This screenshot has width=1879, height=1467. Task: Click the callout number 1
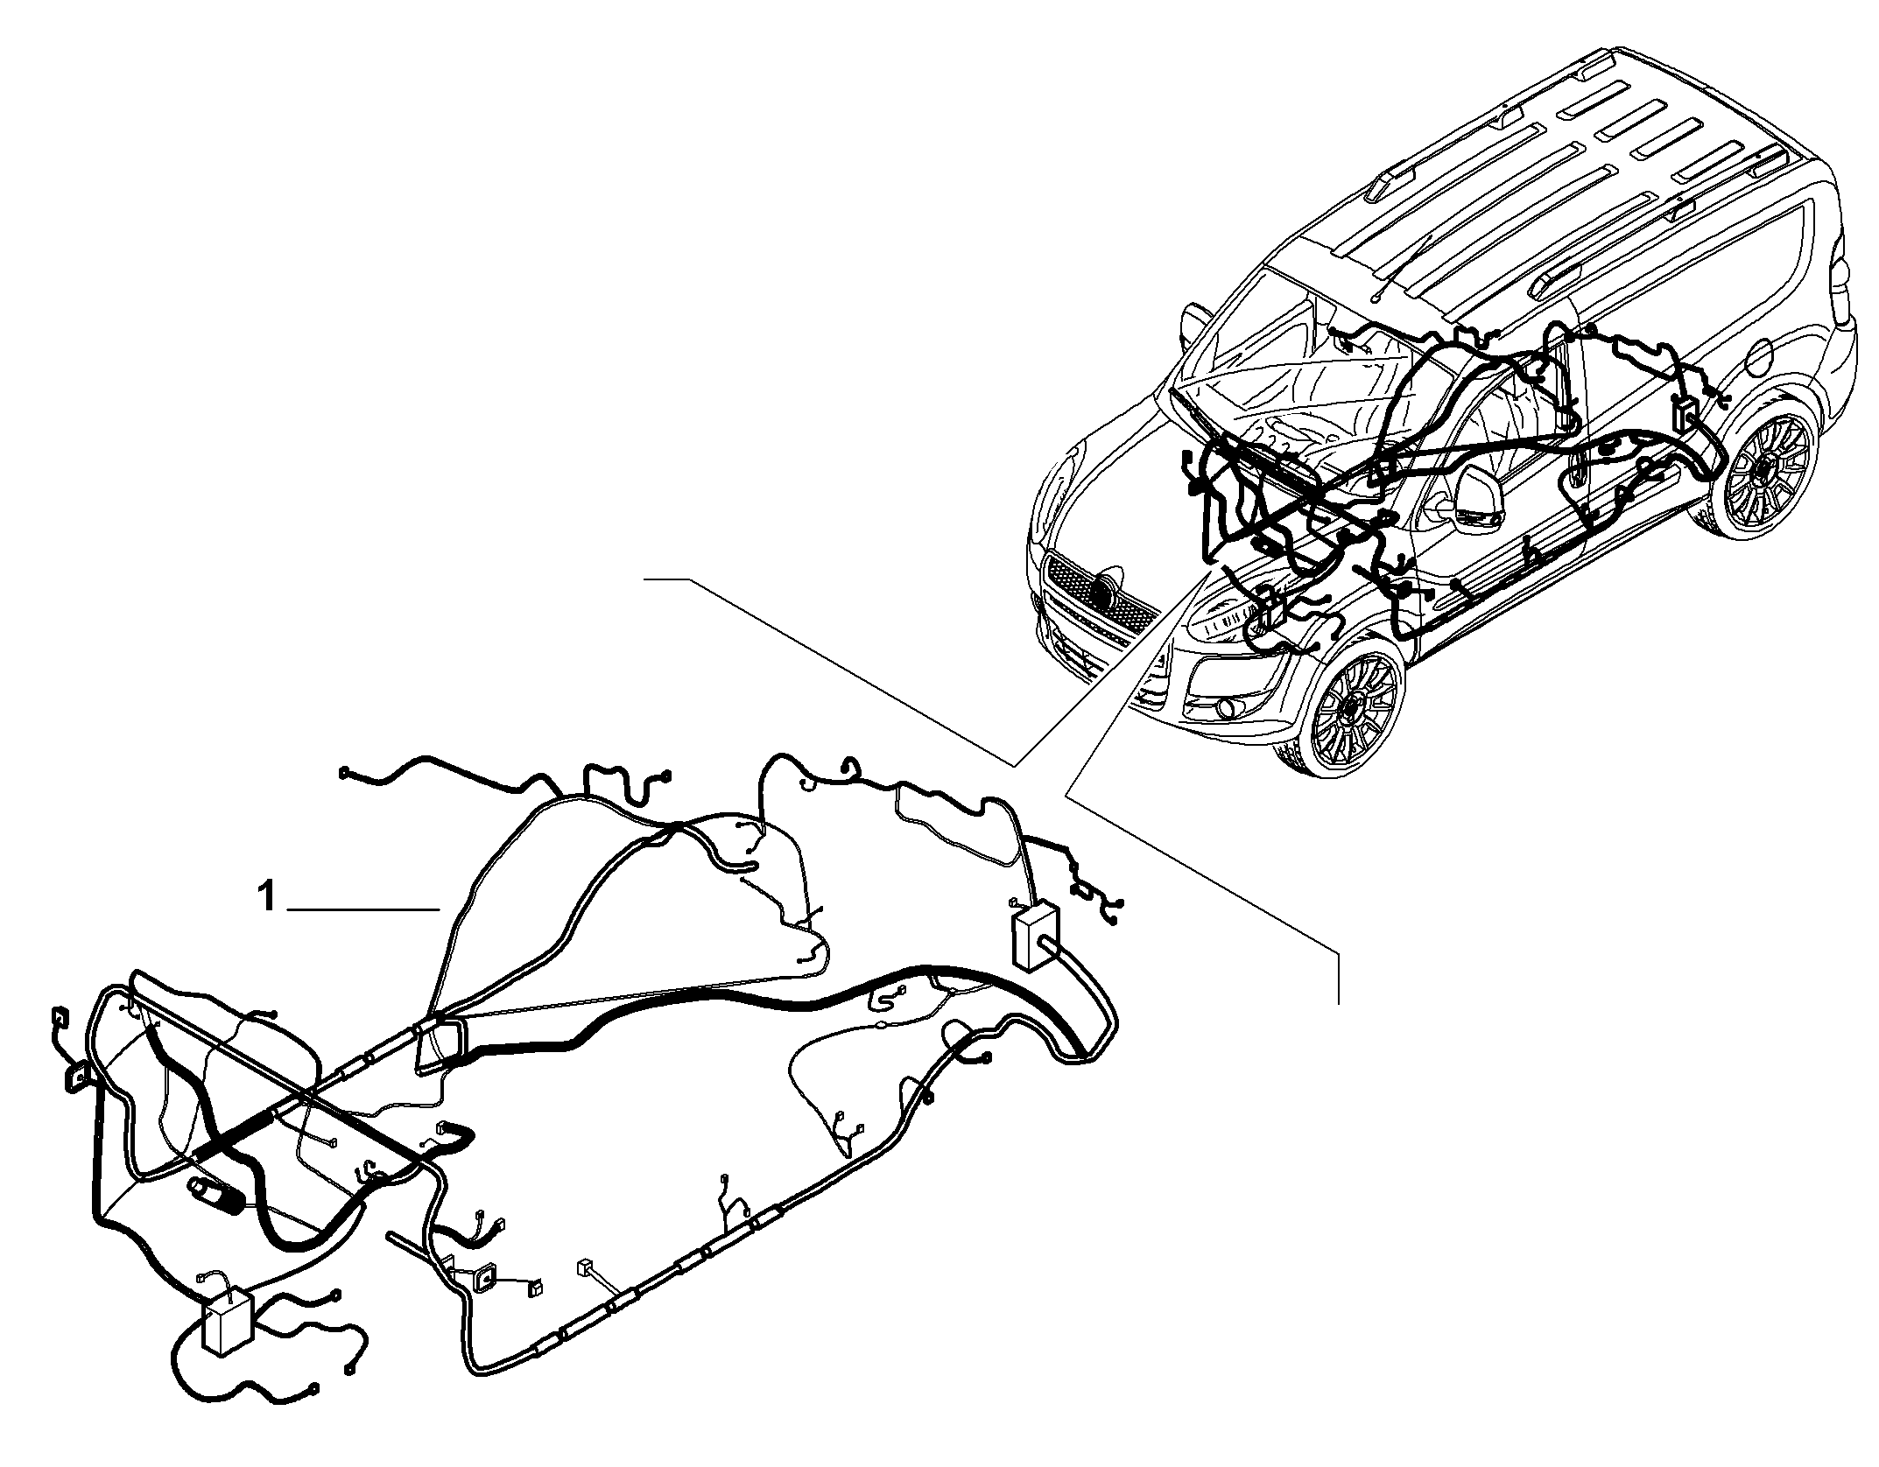click(268, 898)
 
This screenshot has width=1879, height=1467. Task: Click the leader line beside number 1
click(363, 911)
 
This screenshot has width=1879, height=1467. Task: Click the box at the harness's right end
click(1035, 936)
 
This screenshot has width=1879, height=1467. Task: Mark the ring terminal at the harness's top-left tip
click(344, 771)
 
